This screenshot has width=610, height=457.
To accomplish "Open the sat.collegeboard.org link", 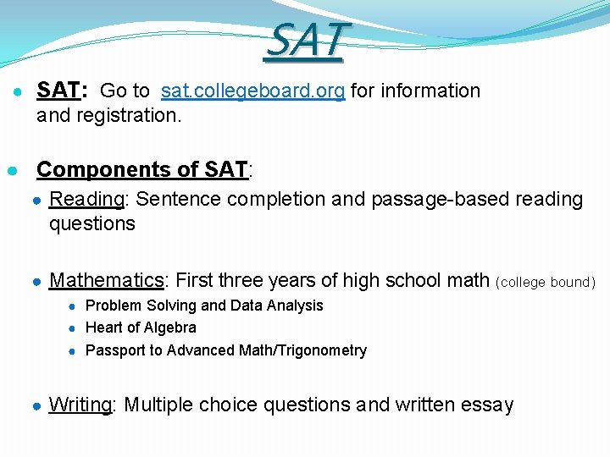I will click(x=252, y=91).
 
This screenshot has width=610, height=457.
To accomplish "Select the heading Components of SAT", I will click(x=142, y=169).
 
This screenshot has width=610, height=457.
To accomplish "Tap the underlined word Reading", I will click(x=87, y=200).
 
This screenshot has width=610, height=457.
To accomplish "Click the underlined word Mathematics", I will click(x=106, y=280).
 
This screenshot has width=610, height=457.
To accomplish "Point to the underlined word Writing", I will click(x=80, y=405).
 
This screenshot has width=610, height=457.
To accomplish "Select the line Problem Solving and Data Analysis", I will click(x=204, y=306).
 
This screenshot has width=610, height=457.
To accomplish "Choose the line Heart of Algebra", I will click(x=141, y=328).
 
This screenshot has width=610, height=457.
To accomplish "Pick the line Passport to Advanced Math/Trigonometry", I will click(x=226, y=350).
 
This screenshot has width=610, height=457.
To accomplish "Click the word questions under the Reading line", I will click(x=91, y=223).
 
